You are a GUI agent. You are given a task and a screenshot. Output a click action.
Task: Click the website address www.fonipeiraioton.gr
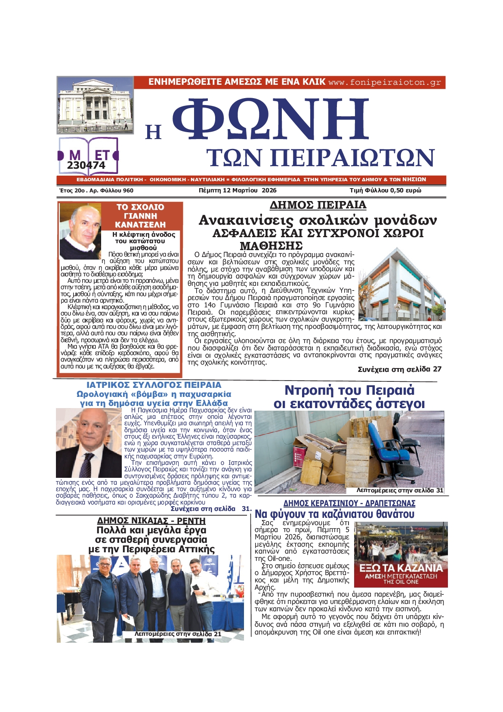pyautogui.click(x=385, y=82)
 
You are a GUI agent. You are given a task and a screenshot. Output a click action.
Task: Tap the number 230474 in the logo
pyautogui.click(x=86, y=165)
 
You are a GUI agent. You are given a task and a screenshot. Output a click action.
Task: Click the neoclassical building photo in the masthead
pyautogui.click(x=96, y=105)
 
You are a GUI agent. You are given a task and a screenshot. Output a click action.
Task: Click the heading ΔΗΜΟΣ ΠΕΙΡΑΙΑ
pyautogui.click(x=318, y=205)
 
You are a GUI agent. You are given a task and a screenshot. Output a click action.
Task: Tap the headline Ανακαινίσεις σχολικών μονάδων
pyautogui.click(x=318, y=220)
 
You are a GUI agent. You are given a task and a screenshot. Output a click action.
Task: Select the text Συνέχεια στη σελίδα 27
pyautogui.click(x=399, y=369)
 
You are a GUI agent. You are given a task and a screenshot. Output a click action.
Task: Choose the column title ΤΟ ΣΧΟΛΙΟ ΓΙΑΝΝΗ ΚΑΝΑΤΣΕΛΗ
pyautogui.click(x=140, y=216)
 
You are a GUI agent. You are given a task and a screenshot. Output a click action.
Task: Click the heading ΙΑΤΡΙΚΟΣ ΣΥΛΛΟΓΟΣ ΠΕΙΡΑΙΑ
pyautogui.click(x=154, y=385)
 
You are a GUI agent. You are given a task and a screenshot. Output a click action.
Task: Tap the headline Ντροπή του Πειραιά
pyautogui.click(x=349, y=390)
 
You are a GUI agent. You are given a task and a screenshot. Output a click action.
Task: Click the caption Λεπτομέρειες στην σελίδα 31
pyautogui.click(x=400, y=490)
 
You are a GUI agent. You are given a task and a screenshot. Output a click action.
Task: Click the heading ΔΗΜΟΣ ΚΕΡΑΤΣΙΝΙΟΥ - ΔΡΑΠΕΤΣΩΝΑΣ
pyautogui.click(x=349, y=503)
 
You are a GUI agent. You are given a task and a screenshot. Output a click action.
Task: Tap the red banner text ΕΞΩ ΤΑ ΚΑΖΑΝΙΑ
pyautogui.click(x=401, y=568)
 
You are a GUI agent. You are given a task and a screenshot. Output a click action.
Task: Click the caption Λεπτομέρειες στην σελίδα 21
pyautogui.click(x=178, y=634)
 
